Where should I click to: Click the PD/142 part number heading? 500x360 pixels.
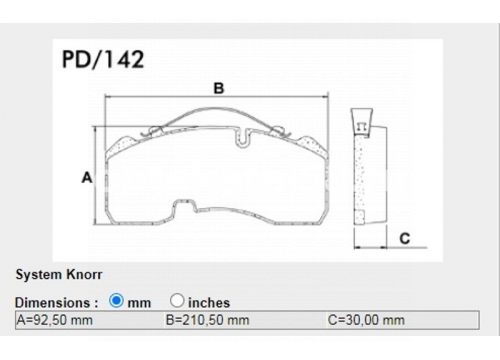click(103, 59)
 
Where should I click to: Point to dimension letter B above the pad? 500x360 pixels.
click(219, 88)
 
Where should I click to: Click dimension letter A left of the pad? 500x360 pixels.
click(87, 177)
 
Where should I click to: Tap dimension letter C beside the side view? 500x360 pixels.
click(405, 238)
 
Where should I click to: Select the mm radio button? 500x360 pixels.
click(116, 300)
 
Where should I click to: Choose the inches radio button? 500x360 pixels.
click(177, 300)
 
